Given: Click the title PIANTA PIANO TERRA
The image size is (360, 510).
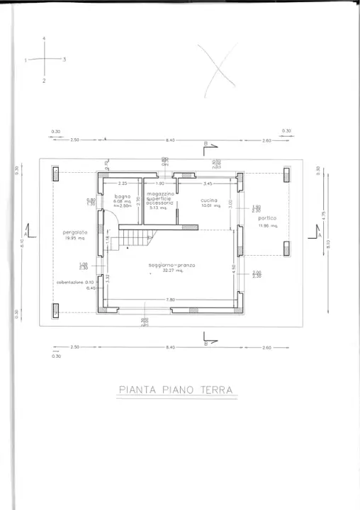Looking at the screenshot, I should (176, 390).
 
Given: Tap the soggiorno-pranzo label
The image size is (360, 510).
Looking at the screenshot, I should (171, 265).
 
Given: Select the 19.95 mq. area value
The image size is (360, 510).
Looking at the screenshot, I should (73, 238).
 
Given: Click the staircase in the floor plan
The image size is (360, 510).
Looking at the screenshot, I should (135, 238).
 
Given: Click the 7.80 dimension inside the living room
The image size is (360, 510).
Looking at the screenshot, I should (171, 300).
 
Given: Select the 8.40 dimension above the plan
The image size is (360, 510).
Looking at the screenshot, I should (170, 140).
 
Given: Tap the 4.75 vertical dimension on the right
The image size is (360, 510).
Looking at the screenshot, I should (322, 214).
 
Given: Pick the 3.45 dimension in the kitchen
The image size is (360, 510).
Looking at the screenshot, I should (208, 184).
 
